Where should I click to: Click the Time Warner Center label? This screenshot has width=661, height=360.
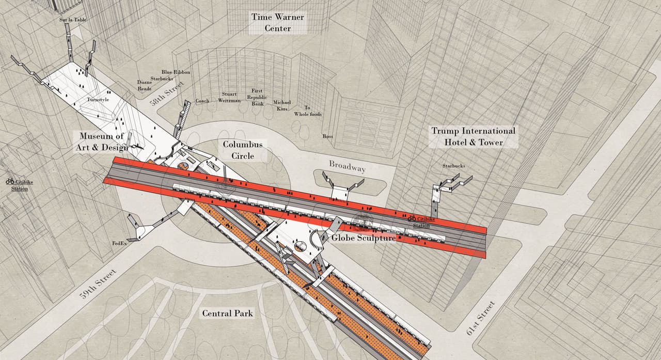pyautogui.click(x=277, y=23)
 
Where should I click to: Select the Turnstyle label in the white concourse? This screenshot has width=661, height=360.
pyautogui.click(x=98, y=100)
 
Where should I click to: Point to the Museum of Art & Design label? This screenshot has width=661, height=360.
pyautogui.click(x=103, y=142)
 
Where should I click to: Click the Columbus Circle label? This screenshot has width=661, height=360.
pyautogui.click(x=243, y=150)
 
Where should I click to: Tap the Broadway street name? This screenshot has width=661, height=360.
pyautogui.click(x=348, y=166)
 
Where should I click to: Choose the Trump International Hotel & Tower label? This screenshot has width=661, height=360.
pyautogui.click(x=473, y=137)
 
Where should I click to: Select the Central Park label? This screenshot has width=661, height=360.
pyautogui.click(x=227, y=314)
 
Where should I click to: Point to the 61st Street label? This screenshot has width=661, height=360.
pyautogui.click(x=481, y=318)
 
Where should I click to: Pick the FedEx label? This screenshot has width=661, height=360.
pyautogui.click(x=119, y=243)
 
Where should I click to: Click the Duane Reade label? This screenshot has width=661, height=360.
pyautogui.click(x=144, y=85)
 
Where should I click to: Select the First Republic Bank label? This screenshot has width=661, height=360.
pyautogui.click(x=257, y=97)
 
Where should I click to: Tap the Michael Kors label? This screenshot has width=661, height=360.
pyautogui.click(x=282, y=105)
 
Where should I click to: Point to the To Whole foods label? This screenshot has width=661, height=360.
pyautogui.click(x=308, y=111)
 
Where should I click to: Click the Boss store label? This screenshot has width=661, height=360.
pyautogui.click(x=327, y=136)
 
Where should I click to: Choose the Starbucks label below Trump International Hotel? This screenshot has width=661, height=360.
pyautogui.click(x=453, y=166)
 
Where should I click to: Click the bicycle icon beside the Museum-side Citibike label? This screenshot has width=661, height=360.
pyautogui.click(x=10, y=181)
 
